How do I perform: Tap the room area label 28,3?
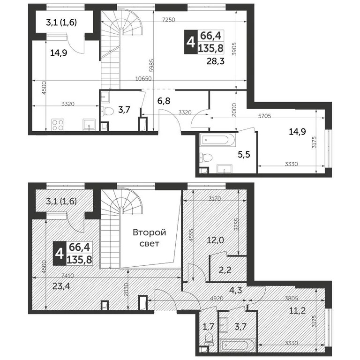215,60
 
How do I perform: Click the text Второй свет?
150,238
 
